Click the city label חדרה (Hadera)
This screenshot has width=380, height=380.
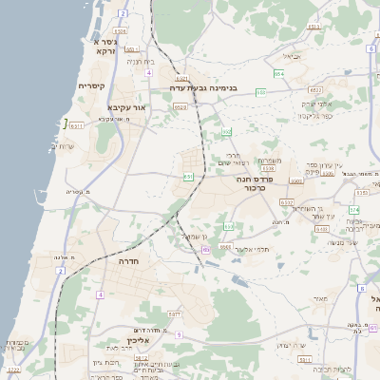tap(130, 259)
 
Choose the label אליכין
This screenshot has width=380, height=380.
tap(140, 340)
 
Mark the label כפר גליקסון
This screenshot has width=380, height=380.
tap(313, 116)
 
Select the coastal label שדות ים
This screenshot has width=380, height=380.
tap(65, 146)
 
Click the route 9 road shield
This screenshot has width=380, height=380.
tap(178, 334)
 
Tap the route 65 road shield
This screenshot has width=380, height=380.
tap(206, 250)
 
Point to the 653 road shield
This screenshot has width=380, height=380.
tap(226, 132)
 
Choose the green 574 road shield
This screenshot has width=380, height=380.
tap(353, 209)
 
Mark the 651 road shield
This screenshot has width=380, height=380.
tap(188, 176)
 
